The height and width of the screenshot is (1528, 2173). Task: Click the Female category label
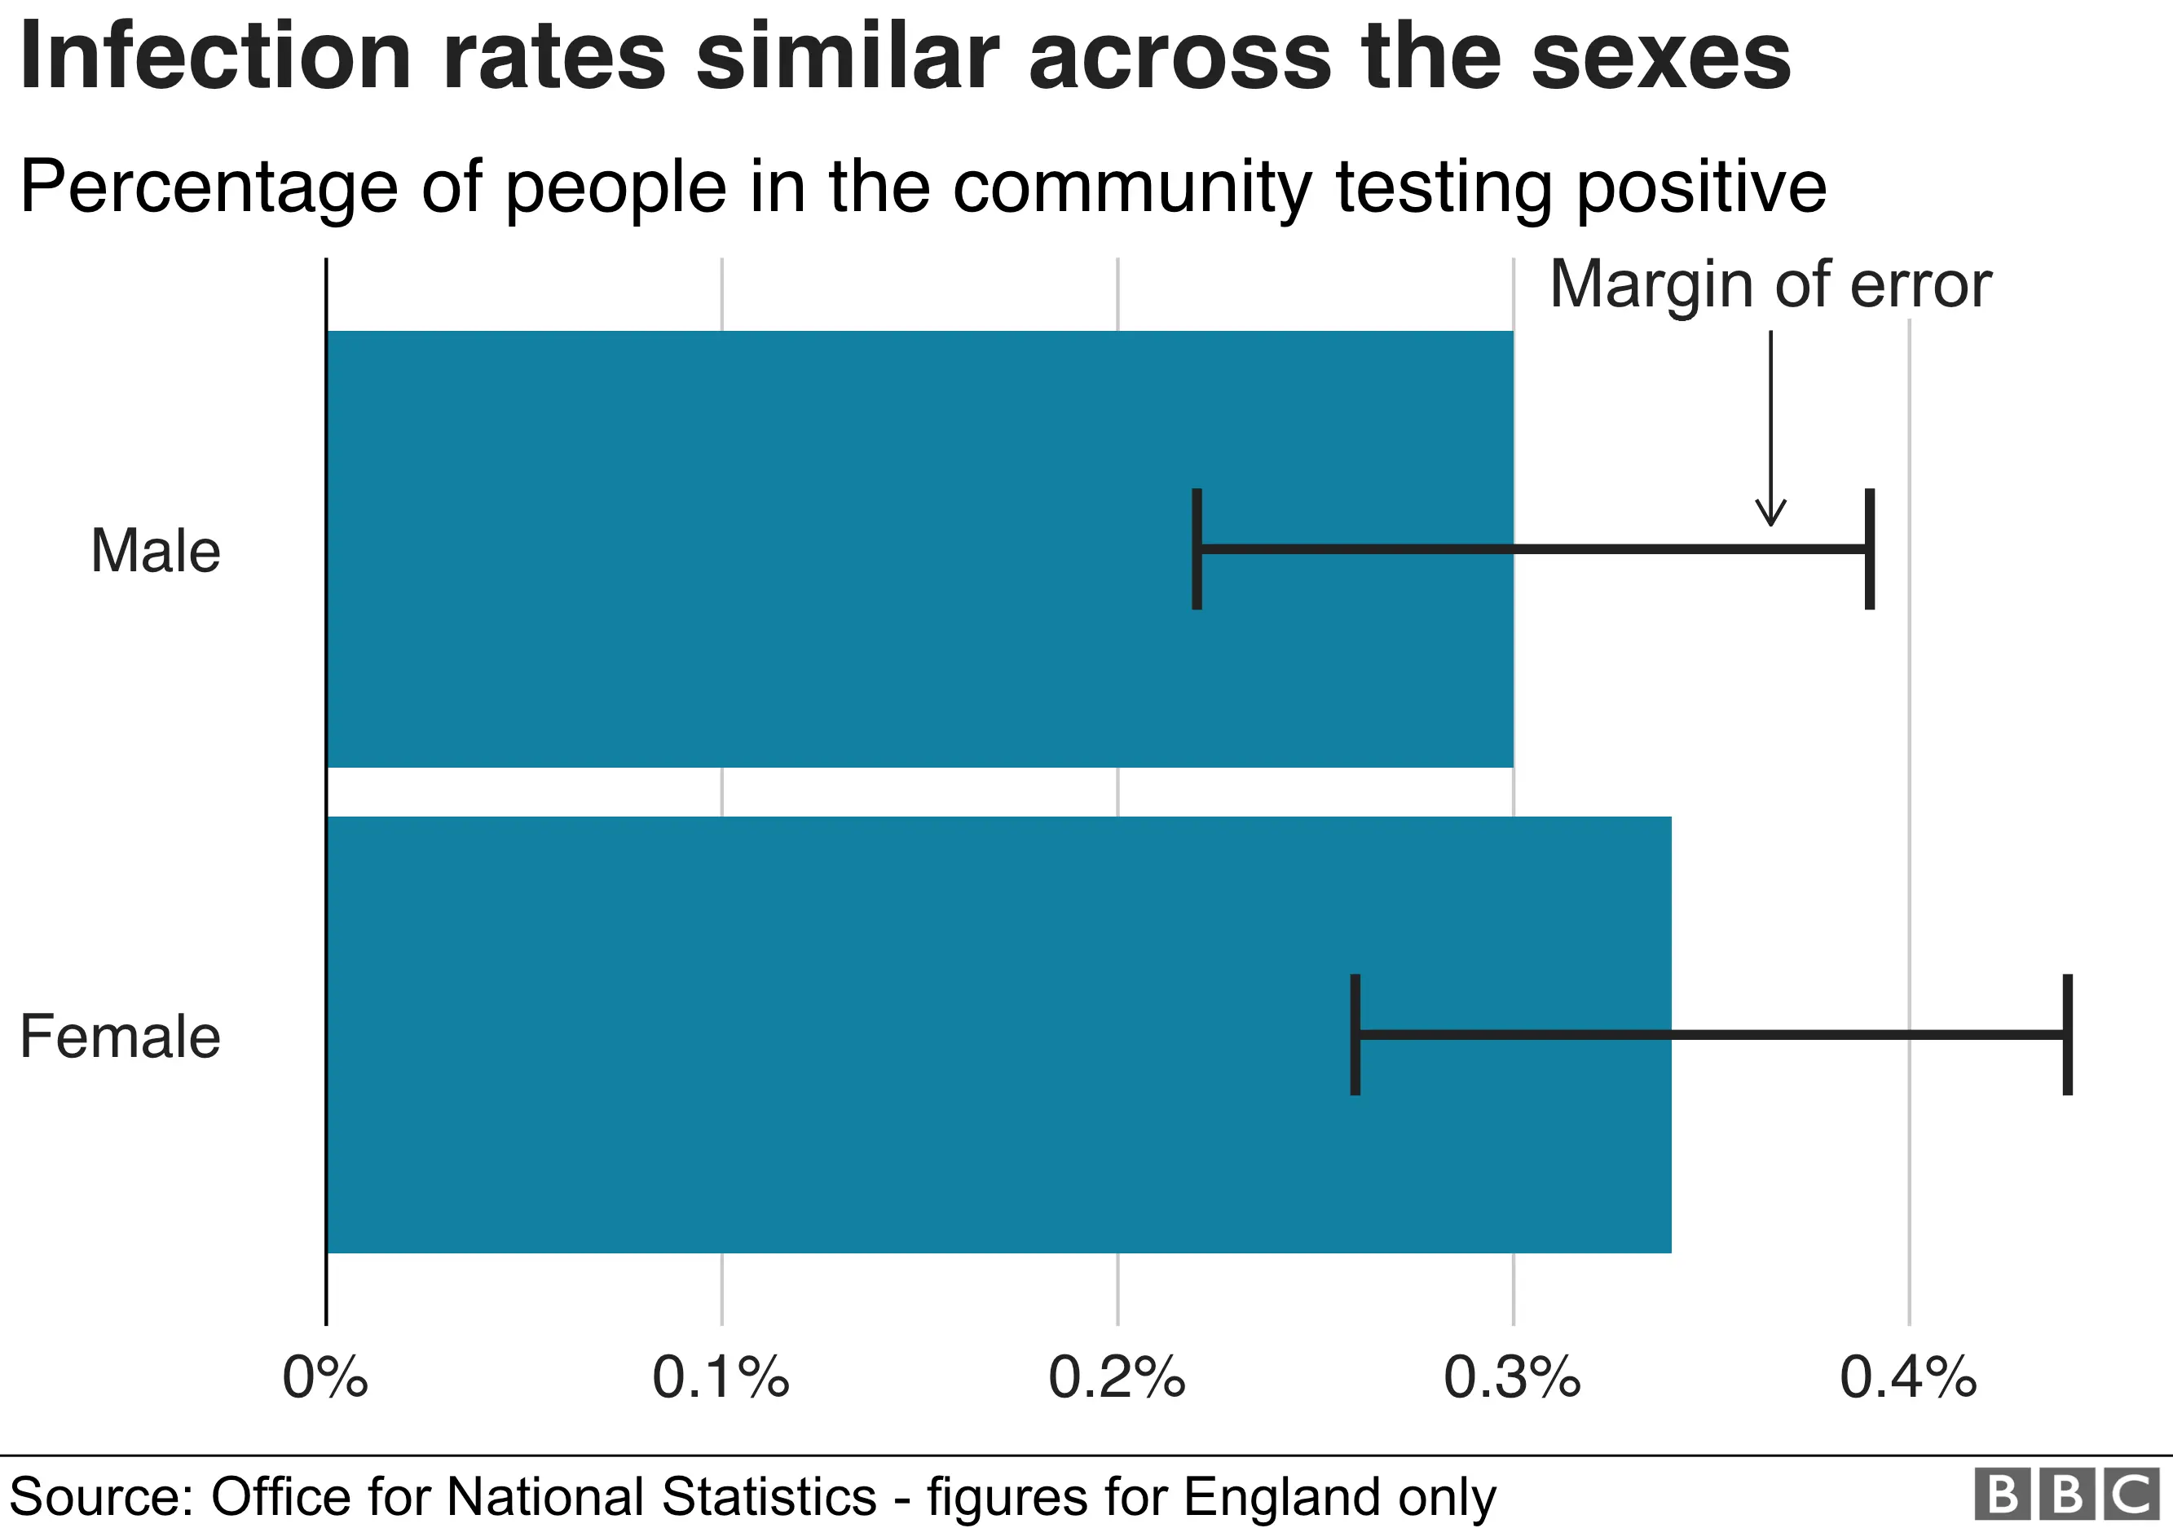[x=120, y=1036]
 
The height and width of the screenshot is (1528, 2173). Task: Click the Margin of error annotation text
[x=1770, y=284]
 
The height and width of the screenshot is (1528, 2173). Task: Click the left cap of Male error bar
[x=1197, y=548]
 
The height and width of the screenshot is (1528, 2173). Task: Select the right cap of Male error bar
[x=1869, y=548]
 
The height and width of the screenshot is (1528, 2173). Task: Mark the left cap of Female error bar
[x=1355, y=1034]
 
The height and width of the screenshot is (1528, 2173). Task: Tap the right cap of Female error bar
[x=2067, y=1034]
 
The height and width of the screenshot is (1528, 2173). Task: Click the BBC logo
[x=2067, y=1495]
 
